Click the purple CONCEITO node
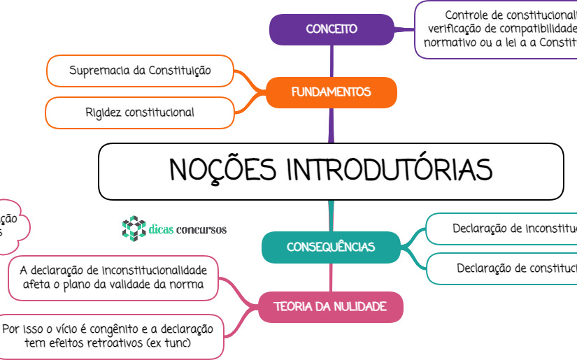click(332, 29)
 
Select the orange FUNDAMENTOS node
click(331, 92)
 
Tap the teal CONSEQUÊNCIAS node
click(331, 247)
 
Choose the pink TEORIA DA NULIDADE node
click(331, 306)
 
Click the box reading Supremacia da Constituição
click(140, 70)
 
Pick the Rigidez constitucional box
click(140, 112)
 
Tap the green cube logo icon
click(131, 228)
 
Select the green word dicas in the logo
click(160, 229)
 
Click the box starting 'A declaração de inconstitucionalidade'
click(113, 278)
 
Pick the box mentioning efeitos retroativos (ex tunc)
click(112, 336)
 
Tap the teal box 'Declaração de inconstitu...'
click(504, 229)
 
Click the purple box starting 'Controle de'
click(497, 29)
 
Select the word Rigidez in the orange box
click(103, 112)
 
